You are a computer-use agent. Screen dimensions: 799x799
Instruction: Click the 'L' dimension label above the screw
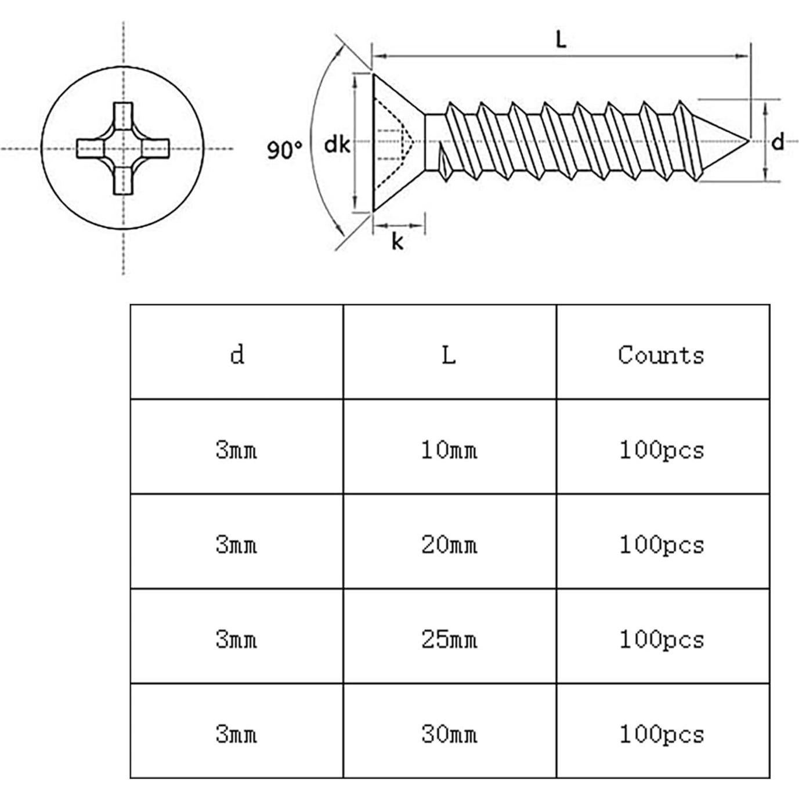561,40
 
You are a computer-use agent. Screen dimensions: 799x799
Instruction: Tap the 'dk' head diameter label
337,144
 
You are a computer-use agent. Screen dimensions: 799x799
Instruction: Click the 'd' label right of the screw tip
778,141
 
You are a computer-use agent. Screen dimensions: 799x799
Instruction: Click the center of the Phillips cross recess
123,149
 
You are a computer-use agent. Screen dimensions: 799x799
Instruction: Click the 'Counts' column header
661,354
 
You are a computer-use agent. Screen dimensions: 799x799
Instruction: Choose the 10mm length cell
449,449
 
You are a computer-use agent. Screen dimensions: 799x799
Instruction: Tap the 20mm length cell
449,544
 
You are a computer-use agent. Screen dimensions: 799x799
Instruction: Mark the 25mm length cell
449,639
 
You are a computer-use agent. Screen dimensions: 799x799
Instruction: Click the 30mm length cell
449,734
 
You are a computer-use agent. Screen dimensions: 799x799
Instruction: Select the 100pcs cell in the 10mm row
661,449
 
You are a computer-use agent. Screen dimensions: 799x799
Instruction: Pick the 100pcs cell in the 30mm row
661,734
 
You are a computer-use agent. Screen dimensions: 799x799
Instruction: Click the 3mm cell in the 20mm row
236,544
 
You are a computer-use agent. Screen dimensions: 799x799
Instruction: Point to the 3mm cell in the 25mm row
236,639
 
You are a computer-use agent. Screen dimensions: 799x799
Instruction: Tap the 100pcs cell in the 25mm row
661,639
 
